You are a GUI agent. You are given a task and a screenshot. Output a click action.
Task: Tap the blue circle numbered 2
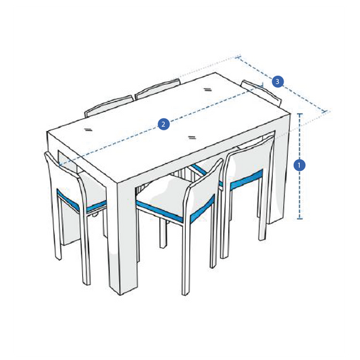click(x=163, y=124)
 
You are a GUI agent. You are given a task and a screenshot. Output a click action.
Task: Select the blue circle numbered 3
click(x=278, y=81)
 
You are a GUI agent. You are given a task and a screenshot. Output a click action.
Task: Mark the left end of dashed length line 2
click(x=59, y=164)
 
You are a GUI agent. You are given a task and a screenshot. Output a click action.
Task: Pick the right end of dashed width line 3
click(x=328, y=111)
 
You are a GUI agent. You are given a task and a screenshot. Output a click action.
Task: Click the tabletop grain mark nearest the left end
click(x=89, y=127)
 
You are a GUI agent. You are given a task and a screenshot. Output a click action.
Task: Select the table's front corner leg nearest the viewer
click(x=126, y=236)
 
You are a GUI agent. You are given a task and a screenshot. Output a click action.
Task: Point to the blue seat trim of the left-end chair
click(x=81, y=202)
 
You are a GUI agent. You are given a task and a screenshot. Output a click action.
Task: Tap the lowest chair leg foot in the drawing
click(x=184, y=292)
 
